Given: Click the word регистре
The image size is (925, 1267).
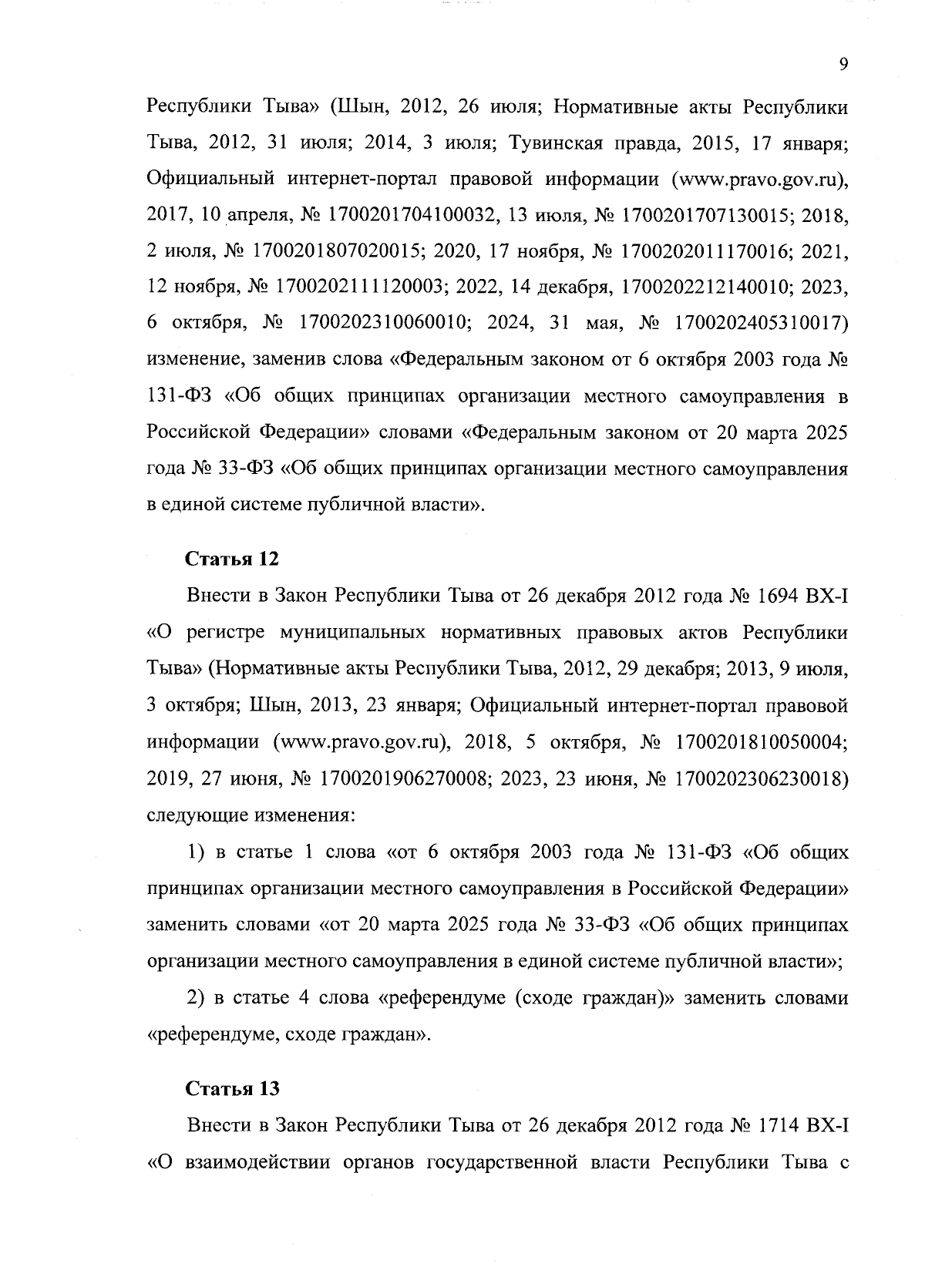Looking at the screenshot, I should (x=220, y=632).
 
